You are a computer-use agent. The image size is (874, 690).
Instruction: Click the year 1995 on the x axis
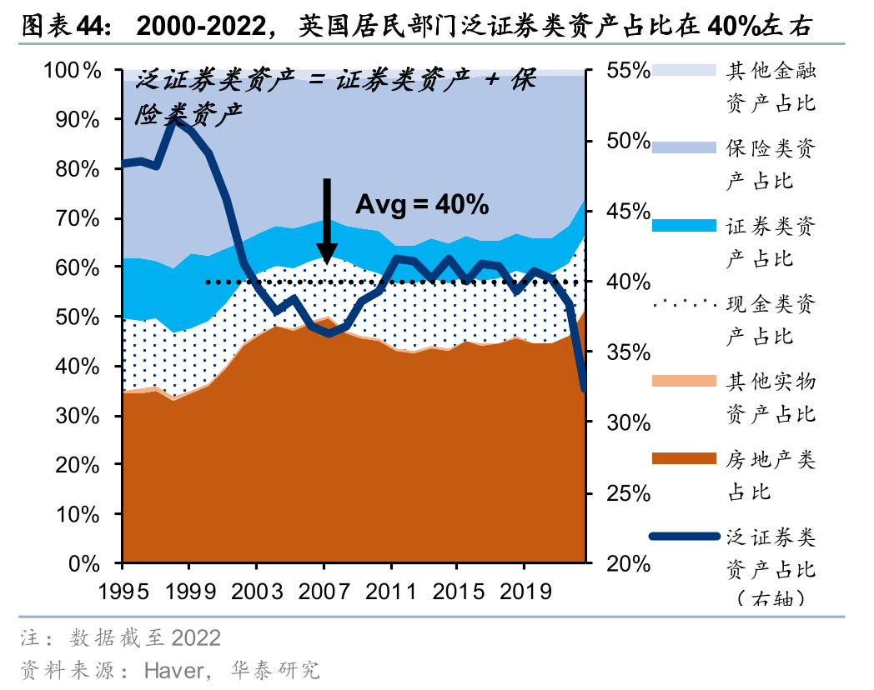click(x=123, y=591)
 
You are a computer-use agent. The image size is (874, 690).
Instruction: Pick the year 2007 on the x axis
click(x=324, y=591)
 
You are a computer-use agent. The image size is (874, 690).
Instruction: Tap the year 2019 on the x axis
click(x=523, y=591)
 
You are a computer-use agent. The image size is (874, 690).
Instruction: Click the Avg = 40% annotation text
click(x=422, y=205)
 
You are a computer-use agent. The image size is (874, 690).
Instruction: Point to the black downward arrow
click(x=327, y=221)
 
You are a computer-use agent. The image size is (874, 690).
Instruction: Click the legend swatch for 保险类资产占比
click(x=683, y=148)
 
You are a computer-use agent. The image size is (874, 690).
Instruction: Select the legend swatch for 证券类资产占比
click(x=683, y=226)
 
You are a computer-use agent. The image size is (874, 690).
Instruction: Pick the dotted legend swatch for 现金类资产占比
click(x=683, y=303)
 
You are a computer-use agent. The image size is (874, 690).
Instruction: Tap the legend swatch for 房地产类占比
click(x=683, y=458)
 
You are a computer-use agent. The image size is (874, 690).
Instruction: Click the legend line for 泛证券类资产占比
click(x=683, y=536)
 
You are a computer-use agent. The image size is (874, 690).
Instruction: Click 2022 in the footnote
click(x=196, y=638)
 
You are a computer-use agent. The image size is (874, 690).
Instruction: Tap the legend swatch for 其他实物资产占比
click(x=683, y=381)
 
